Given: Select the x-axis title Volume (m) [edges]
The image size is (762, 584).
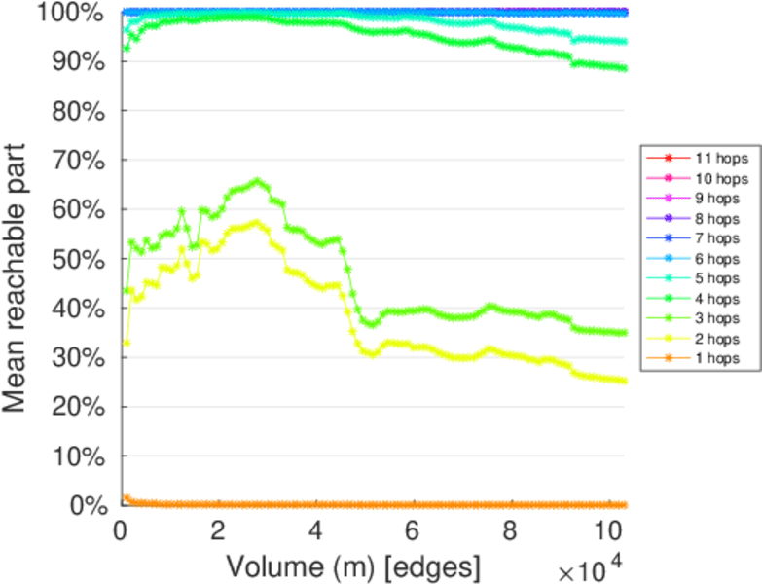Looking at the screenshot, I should pos(353,566).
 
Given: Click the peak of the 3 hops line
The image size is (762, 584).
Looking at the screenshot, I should pos(257,181).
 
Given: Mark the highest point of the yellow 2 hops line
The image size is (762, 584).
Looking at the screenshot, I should pos(257,222).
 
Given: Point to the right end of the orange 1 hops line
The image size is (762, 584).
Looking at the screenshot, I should pos(624,505).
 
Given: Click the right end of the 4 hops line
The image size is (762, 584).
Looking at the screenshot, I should pos(624,68).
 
